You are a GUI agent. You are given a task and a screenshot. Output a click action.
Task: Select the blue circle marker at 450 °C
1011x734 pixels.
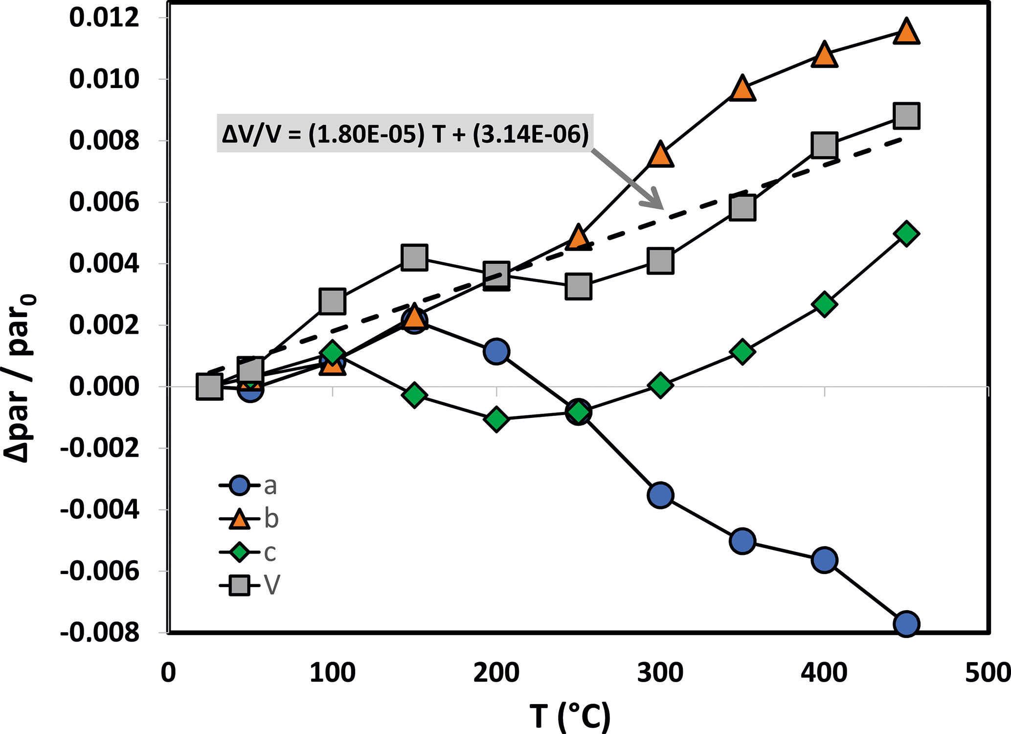coord(906,624)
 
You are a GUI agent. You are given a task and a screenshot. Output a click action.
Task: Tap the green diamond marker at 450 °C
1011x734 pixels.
coord(906,233)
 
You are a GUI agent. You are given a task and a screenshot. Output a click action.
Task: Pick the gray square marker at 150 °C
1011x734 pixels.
coord(414,257)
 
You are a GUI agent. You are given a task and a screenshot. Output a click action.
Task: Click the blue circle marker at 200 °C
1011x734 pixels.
coord(496,351)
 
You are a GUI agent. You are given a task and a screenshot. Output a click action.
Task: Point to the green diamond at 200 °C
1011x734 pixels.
coord(496,419)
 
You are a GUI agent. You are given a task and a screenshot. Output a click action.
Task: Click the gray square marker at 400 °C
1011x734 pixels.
coord(824,144)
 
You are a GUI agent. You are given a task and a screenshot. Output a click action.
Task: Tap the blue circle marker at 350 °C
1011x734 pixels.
coord(742,541)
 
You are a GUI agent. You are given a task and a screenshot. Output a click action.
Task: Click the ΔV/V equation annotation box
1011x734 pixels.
coord(405,134)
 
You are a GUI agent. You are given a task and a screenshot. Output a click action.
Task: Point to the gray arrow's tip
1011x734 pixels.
coord(662,207)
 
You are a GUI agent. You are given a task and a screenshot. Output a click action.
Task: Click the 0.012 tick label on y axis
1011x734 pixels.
coord(104,18)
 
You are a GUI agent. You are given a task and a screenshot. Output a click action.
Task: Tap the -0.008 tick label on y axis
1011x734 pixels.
coord(99,633)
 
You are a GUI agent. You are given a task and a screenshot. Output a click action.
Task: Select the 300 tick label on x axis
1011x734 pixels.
coord(660,673)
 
